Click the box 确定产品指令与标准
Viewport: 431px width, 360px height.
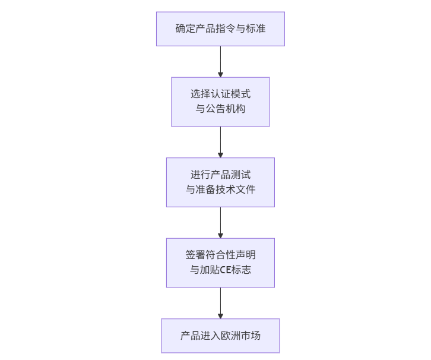tap(220, 29)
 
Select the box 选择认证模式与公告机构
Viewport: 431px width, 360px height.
tap(220, 102)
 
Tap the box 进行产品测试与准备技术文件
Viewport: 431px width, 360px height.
tap(220, 182)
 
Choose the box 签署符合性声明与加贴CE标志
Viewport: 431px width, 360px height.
tap(220, 263)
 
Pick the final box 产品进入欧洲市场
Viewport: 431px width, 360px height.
tap(220, 336)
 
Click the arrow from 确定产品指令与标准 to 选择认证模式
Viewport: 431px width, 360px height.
tap(220, 61)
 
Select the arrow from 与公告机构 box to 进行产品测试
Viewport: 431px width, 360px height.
tap(220, 142)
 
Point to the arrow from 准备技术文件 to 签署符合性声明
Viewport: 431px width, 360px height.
tap(220, 222)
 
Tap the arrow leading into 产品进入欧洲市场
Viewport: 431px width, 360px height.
tap(220, 303)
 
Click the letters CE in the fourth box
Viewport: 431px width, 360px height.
tap(226, 270)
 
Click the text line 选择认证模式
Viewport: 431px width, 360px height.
tap(220, 94)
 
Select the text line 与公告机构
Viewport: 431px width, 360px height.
tap(220, 109)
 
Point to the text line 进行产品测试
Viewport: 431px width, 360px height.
tap(220, 175)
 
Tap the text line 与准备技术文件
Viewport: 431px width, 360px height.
tap(220, 190)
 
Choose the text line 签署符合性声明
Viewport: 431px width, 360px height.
tap(220, 255)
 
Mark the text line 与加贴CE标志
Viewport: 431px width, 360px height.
tap(220, 270)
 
